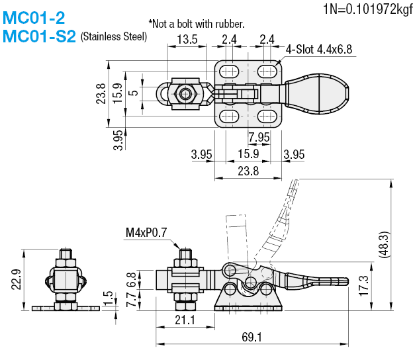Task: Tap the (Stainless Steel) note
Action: tap(113, 37)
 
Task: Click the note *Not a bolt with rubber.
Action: tap(197, 23)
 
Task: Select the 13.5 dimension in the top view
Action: tap(187, 40)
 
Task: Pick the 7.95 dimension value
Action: tap(259, 137)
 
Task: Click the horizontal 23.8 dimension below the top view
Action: tap(249, 171)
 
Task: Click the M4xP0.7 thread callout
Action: tap(146, 232)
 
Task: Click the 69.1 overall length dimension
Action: tap(251, 337)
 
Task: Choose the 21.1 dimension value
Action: tap(185, 320)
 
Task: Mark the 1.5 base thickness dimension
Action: tap(107, 296)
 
